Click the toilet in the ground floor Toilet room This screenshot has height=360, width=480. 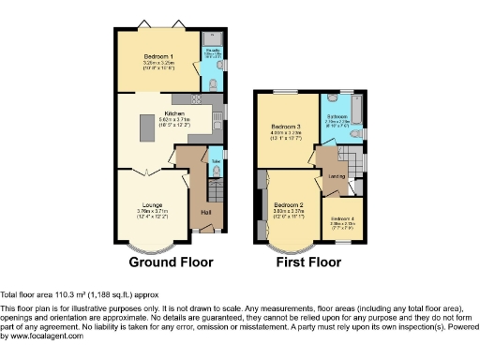click(218, 172)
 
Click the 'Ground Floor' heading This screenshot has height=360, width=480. click(169, 262)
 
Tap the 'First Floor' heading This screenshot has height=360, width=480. click(308, 262)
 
